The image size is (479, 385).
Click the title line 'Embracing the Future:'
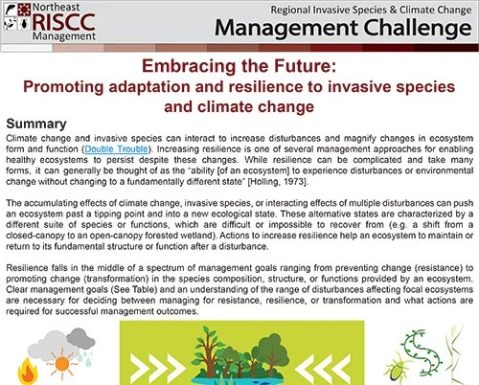point(239,69)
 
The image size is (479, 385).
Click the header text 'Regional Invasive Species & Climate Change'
point(367,9)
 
